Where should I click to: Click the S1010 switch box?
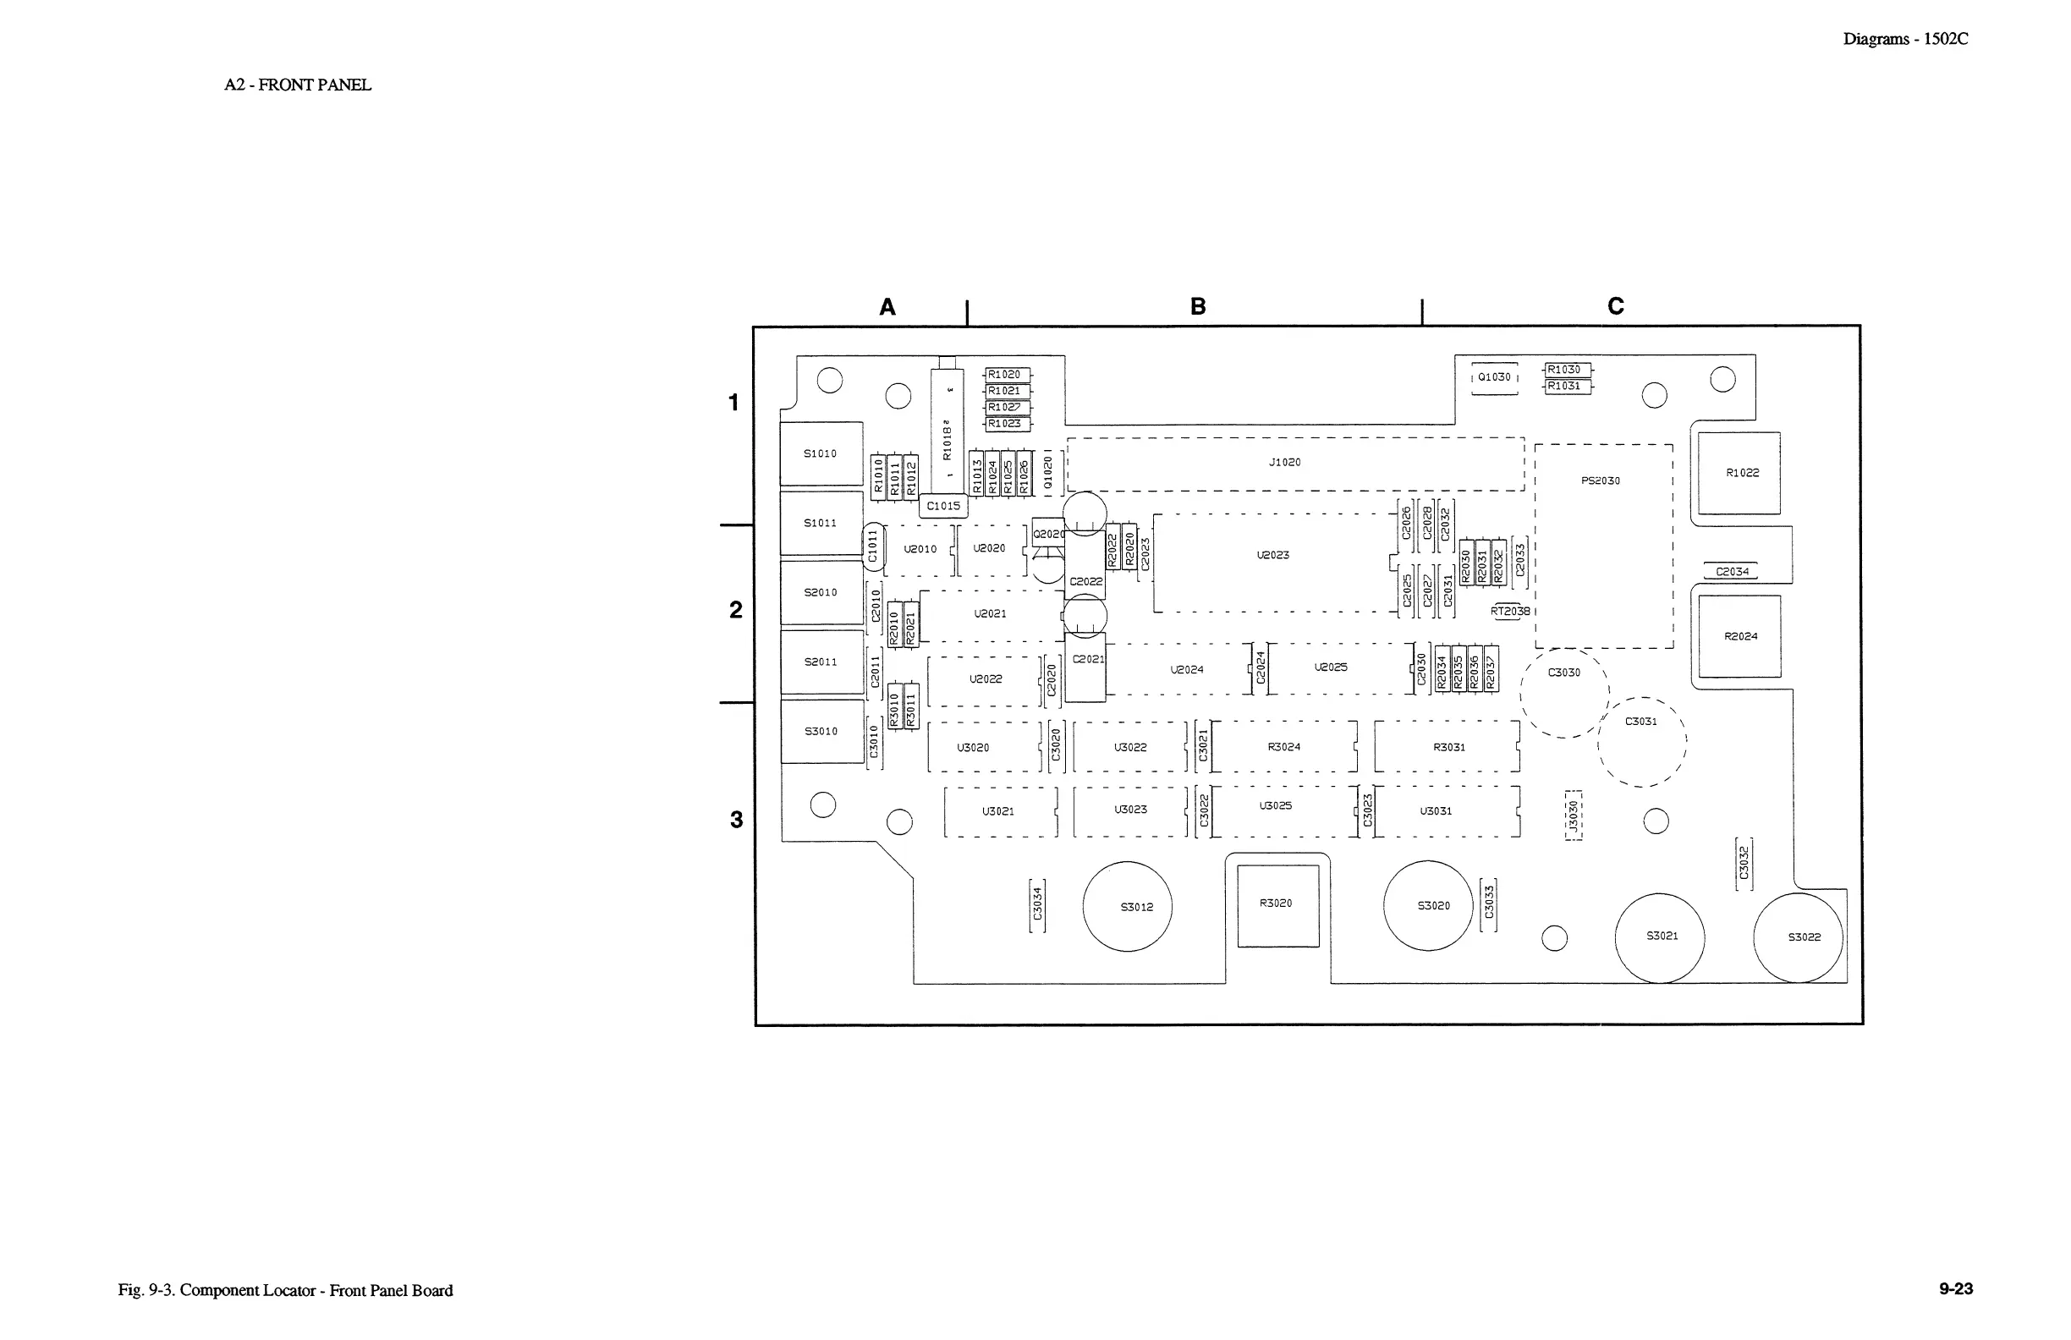coord(821,453)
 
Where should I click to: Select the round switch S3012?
coord(1127,907)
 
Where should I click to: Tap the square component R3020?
coord(1277,905)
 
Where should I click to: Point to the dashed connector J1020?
coord(1295,464)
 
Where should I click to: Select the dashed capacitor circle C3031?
coord(1642,741)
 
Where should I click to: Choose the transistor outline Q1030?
coord(1494,377)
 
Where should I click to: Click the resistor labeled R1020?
coord(1006,375)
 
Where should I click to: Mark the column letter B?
coord(1197,306)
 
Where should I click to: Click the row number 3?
coord(736,820)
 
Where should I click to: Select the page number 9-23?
coord(1955,1288)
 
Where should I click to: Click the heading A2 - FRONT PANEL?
coord(298,85)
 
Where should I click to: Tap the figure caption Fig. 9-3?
coord(285,1290)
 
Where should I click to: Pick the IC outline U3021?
coord(1000,812)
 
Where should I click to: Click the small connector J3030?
coord(1574,816)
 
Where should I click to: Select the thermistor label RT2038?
coord(1510,612)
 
